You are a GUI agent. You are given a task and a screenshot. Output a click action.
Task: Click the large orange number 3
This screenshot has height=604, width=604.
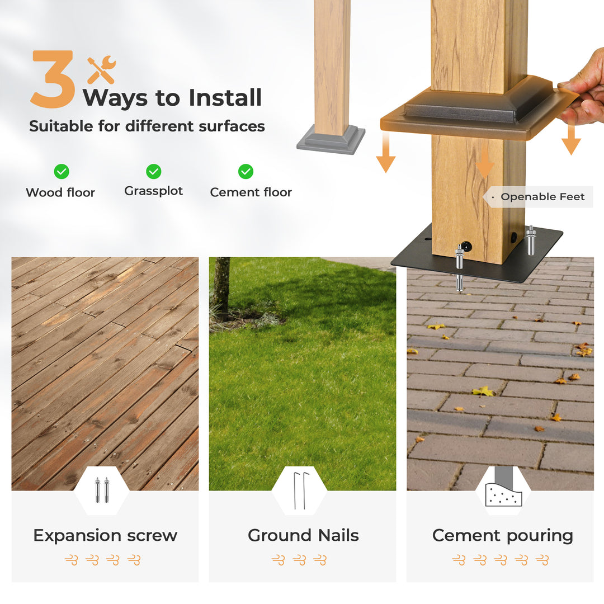52,79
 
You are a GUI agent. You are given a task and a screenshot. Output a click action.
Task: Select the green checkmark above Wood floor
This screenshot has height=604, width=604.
62,172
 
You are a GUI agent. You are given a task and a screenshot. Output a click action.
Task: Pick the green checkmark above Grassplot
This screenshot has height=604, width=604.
154,172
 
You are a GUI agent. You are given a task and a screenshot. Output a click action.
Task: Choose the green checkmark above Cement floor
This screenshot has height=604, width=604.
246,172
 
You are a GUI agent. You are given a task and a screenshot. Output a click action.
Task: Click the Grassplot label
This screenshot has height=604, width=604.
153,191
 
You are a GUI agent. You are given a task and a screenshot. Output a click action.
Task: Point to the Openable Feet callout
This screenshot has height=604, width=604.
539,197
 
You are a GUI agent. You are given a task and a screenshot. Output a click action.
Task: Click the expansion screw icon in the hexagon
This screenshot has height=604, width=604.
102,490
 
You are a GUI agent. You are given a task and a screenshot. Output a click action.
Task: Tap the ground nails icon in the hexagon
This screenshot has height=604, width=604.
300,490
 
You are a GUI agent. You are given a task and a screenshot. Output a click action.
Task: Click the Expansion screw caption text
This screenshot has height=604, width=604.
105,535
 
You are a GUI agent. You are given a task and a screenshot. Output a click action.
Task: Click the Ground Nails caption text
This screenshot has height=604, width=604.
303,535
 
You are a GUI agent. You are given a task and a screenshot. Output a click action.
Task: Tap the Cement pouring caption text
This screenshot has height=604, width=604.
503,536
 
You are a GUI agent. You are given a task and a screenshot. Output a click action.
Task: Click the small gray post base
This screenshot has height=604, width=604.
331,139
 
